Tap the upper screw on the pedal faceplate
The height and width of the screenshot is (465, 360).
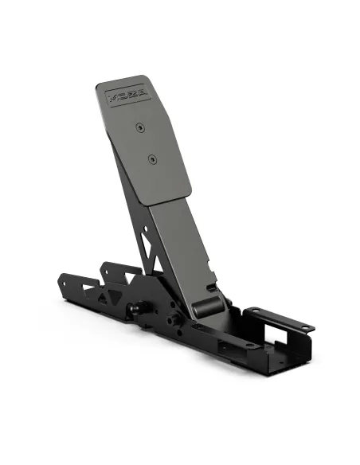(140, 127)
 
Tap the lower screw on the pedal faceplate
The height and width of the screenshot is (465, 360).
(151, 158)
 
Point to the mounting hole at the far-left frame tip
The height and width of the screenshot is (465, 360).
(61, 282)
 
